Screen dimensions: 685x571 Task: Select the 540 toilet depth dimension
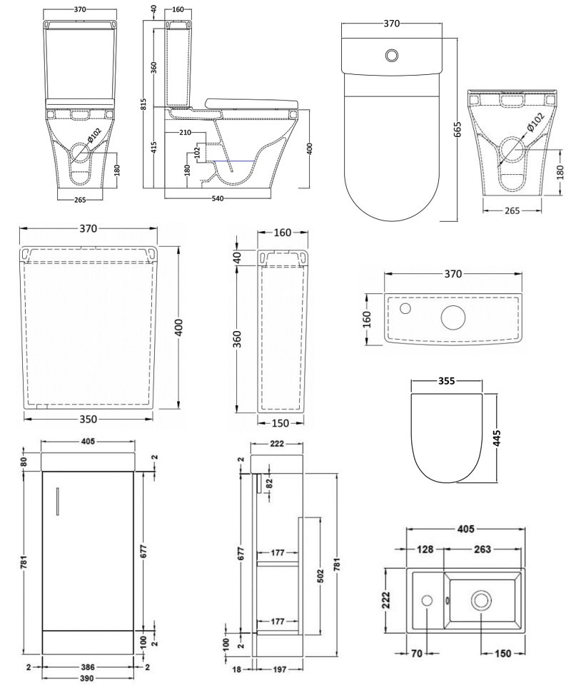tap(214, 198)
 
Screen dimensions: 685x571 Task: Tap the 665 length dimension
tap(458, 128)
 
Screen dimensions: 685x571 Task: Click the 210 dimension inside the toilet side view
tap(186, 133)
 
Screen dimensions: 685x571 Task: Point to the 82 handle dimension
tap(269, 482)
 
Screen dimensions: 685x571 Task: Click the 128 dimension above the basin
tap(426, 549)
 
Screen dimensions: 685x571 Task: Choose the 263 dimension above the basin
tap(480, 549)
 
